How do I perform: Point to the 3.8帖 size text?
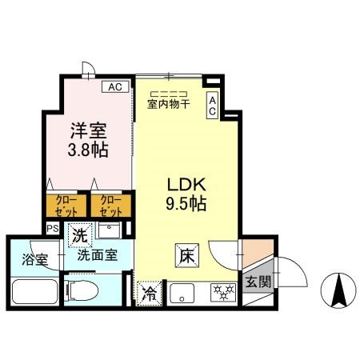[88, 149]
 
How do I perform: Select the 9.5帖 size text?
[186, 203]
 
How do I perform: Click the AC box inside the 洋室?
[114, 86]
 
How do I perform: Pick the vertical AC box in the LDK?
[212, 106]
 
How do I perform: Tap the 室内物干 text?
[168, 103]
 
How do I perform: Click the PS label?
[53, 229]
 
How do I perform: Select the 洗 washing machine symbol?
[79, 235]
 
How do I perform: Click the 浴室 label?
[34, 260]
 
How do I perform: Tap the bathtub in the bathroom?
[34, 292]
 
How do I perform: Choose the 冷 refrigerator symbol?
[149, 293]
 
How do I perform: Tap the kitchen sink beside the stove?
[182, 293]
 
